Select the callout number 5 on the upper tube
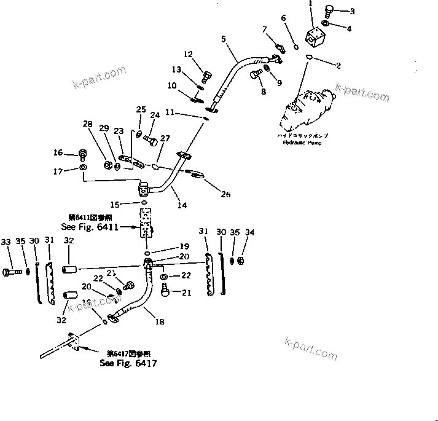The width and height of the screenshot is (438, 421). pyautogui.click(x=224, y=39)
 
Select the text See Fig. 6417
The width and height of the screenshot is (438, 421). pyautogui.click(x=128, y=363)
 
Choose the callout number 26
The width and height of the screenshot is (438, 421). pyautogui.click(x=225, y=194)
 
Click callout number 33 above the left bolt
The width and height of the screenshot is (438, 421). pyautogui.click(x=6, y=240)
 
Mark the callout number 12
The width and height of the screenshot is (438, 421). pyautogui.click(x=188, y=55)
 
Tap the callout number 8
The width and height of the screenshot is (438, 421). pyautogui.click(x=264, y=92)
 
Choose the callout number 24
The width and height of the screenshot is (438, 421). pyautogui.click(x=155, y=114)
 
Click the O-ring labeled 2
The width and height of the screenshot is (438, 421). pyautogui.click(x=309, y=58)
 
